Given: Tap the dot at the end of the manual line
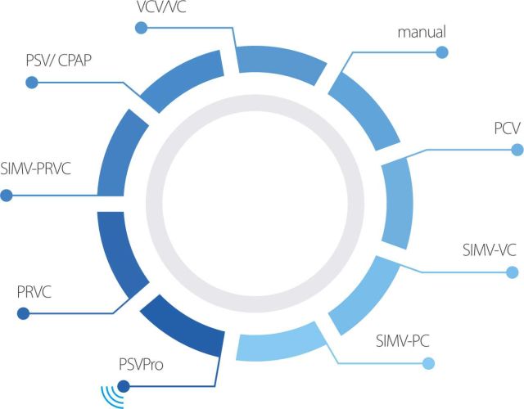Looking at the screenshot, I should (x=442, y=52).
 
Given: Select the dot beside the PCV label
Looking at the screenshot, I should (x=517, y=150).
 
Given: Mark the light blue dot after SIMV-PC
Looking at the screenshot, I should (x=428, y=364).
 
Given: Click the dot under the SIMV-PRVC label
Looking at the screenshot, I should (x=7, y=196).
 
